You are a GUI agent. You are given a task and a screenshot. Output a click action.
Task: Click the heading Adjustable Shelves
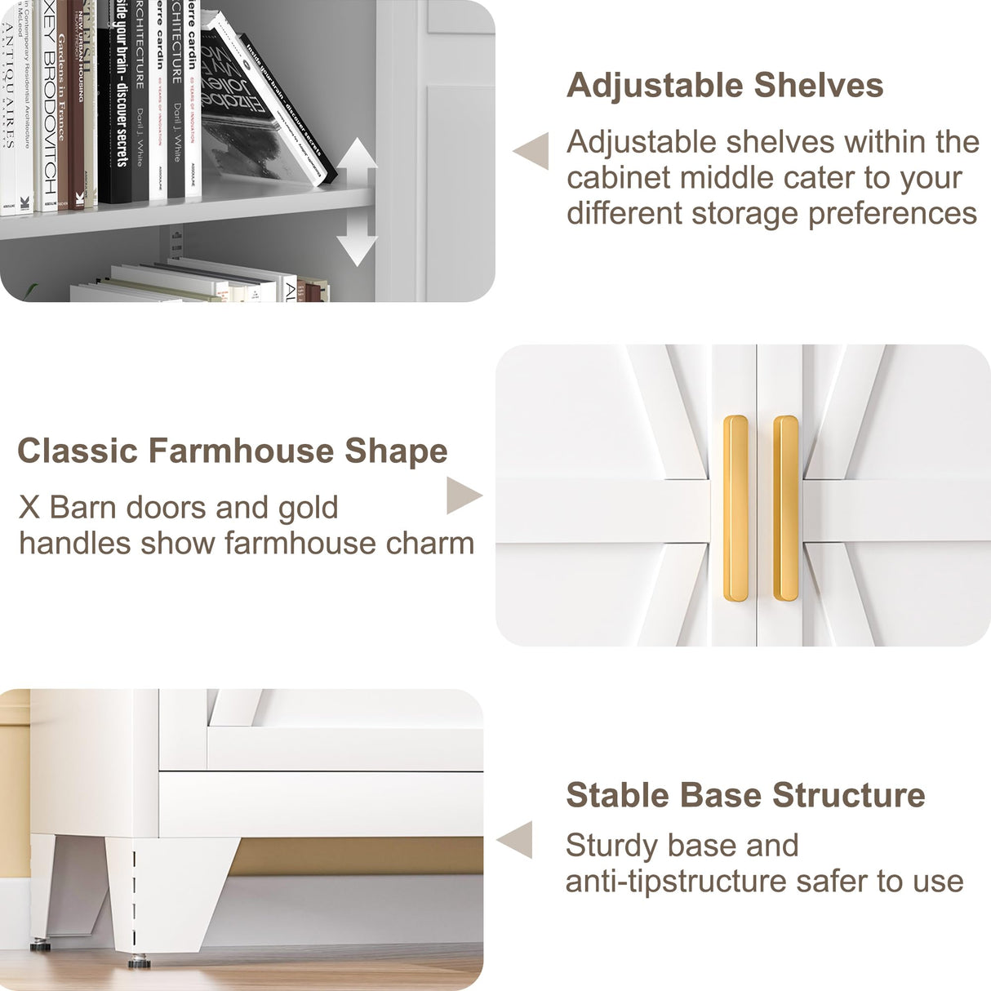point(725,86)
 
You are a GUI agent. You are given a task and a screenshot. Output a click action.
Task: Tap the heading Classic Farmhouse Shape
point(233,451)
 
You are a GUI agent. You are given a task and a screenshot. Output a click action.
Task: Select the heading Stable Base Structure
point(745,795)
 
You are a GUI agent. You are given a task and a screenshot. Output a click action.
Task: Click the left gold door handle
point(735,510)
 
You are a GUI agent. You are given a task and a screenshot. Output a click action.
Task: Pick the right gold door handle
point(785,510)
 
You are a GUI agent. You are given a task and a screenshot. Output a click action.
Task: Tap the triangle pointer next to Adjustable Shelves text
point(531,151)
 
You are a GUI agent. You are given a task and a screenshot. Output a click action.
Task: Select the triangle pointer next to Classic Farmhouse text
point(464,495)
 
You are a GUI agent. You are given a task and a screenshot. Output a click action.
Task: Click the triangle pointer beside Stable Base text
point(516,840)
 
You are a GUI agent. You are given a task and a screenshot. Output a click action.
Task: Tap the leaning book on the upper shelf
point(269,98)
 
